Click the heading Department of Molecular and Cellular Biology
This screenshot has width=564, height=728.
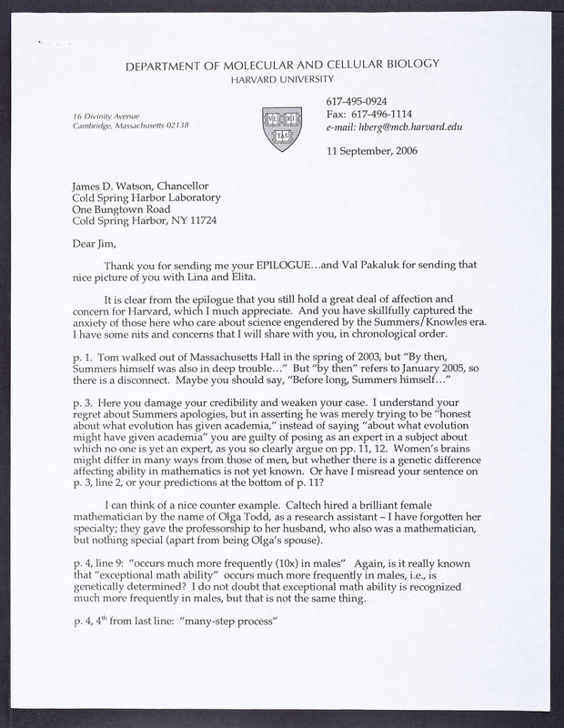tap(282, 65)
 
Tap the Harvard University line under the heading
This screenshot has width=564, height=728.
tap(281, 79)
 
